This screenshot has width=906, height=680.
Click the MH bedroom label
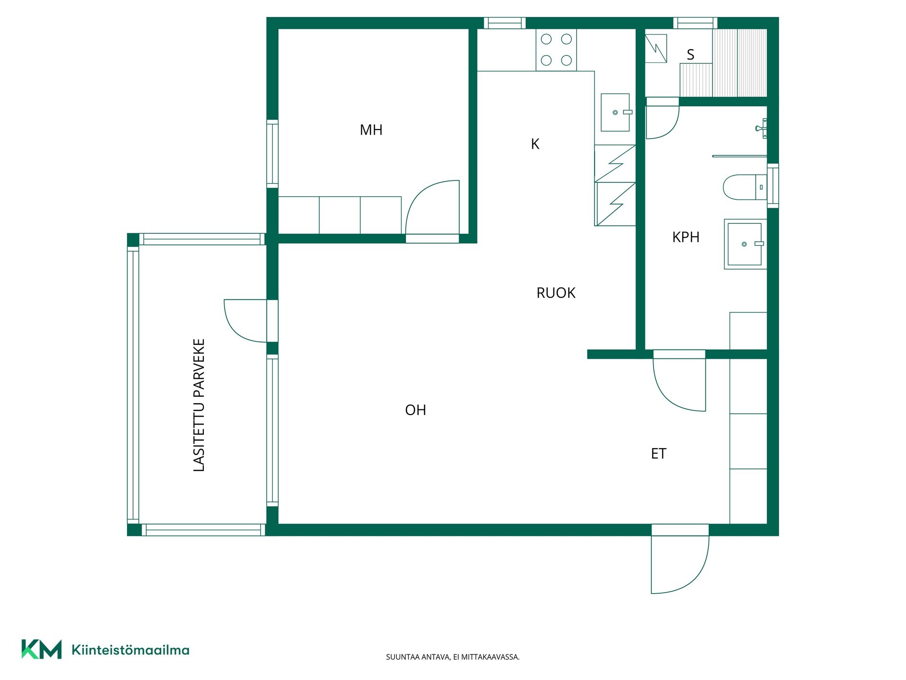click(371, 130)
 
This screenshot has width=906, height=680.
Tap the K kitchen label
click(535, 144)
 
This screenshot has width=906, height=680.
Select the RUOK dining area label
click(556, 293)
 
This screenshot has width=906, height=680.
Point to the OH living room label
click(415, 410)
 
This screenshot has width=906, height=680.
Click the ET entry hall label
click(659, 453)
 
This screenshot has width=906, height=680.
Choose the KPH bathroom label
click(686, 237)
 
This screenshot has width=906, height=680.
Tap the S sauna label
click(690, 55)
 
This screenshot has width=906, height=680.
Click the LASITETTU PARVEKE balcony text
click(199, 405)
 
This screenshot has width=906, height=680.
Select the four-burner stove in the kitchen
click(556, 50)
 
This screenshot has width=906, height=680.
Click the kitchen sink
click(615, 112)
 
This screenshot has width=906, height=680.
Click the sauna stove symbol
click(656, 48)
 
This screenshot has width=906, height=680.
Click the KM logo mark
click(42, 649)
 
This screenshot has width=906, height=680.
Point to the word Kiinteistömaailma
click(130, 650)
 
